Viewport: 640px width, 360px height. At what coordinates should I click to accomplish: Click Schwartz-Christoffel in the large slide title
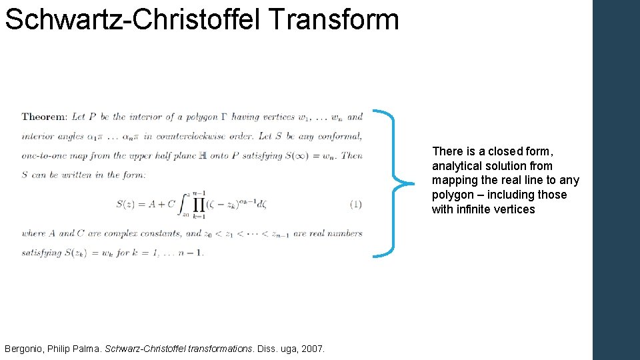pyautogui.click(x=133, y=19)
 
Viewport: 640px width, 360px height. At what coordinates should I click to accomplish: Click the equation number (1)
pyautogui.click(x=355, y=204)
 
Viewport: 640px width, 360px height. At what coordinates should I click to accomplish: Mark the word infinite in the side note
pyautogui.click(x=477, y=209)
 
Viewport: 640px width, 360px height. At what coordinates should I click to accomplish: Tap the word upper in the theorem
pyautogui.click(x=139, y=156)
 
